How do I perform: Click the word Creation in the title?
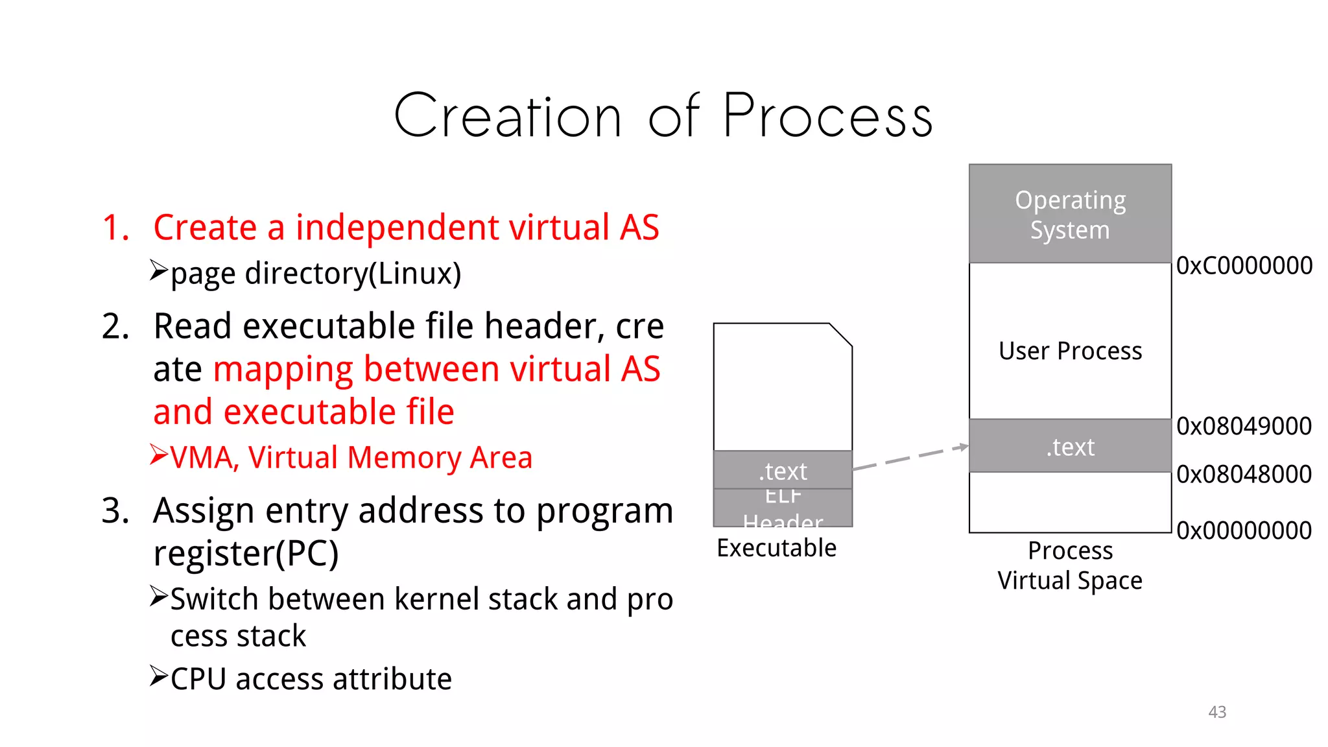(508, 117)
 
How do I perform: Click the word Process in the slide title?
(827, 117)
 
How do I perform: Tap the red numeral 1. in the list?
(116, 228)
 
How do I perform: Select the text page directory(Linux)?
(315, 274)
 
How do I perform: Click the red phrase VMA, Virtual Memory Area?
(351, 458)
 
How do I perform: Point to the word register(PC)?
(246, 554)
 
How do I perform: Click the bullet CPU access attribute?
(311, 680)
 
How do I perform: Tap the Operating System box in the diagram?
(1070, 214)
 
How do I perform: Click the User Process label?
(1070, 351)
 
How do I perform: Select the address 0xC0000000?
(1244, 266)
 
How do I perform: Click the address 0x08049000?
(1244, 426)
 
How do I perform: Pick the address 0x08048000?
(1244, 474)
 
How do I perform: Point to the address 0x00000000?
(1244, 530)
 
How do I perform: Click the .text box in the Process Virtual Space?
(1070, 446)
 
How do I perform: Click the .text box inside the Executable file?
(783, 470)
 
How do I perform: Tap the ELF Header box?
(783, 508)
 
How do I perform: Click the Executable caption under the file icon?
(776, 549)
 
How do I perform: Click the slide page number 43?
(1217, 712)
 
